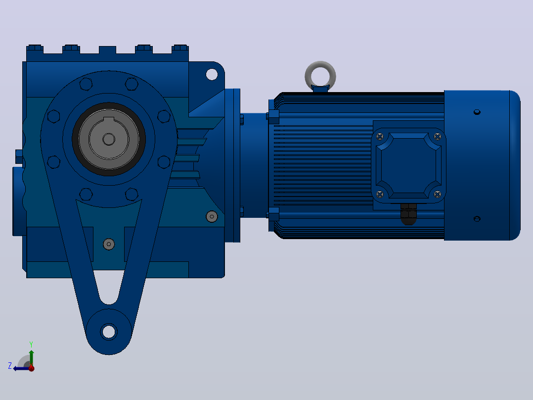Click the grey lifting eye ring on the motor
pos(320,63)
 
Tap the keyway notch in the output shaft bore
pos(109,119)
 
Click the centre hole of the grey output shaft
pos(109,139)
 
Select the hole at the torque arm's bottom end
pos(109,332)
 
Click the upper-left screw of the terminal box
pos(380,137)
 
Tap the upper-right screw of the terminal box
pos(438,137)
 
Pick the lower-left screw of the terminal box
pos(380,194)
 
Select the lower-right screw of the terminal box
pos(438,194)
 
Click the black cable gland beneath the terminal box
pos(408,214)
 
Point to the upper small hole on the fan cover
pos(477,112)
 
